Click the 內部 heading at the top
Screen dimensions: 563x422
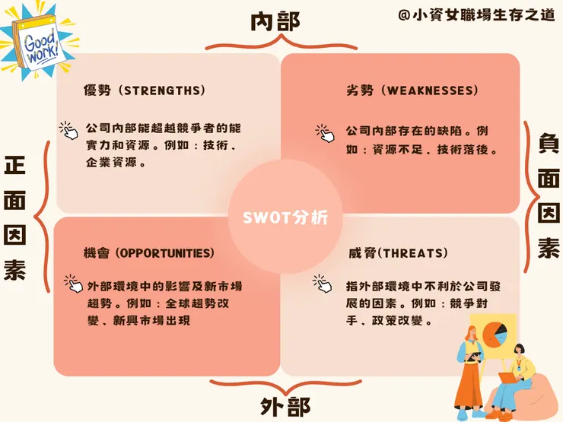point(275,21)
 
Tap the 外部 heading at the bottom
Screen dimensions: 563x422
point(285,407)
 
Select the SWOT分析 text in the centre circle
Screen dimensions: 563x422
point(285,217)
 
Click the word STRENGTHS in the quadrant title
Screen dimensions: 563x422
point(162,90)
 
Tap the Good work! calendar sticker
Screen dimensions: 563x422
point(38,42)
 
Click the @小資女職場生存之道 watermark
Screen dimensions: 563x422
point(476,14)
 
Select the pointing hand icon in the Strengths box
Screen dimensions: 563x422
point(68,131)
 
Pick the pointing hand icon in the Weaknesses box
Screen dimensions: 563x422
point(325,134)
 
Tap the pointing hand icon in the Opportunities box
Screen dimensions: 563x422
point(73,284)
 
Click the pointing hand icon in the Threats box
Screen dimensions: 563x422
point(322,284)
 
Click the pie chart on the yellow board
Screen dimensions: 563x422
point(495,334)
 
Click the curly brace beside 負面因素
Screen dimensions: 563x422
point(531,197)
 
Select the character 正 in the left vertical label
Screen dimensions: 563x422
point(14,166)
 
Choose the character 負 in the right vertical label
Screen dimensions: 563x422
point(549,143)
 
